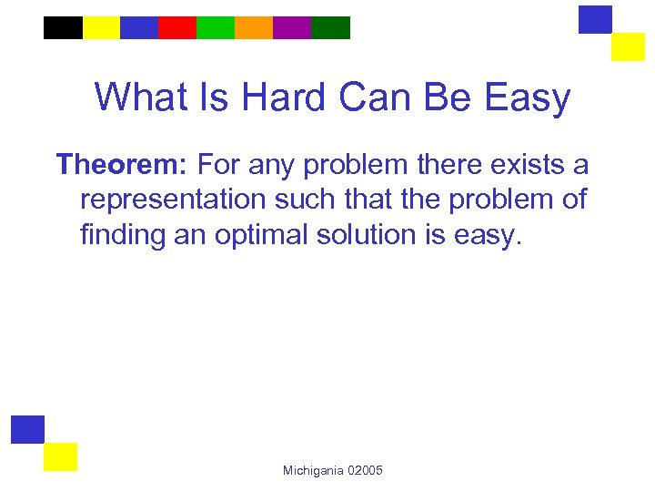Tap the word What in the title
click(x=140, y=97)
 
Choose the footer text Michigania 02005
click(x=333, y=470)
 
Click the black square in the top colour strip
click(x=63, y=27)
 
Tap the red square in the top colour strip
click(x=177, y=27)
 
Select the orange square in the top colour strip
click(x=254, y=27)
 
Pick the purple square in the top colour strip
click(x=292, y=27)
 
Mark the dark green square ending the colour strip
click(x=330, y=27)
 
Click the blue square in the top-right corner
click(x=596, y=19)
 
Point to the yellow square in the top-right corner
click(x=628, y=46)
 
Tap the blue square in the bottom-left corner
click(x=27, y=429)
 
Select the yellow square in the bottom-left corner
click(x=61, y=456)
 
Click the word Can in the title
click(x=368, y=97)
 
